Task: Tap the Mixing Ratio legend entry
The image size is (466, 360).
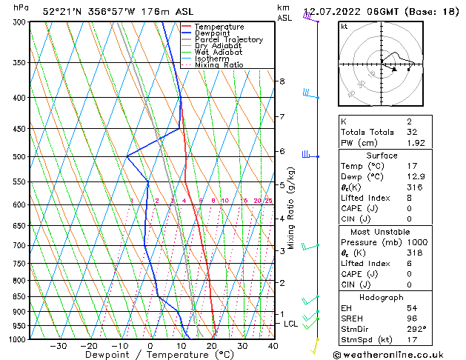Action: pyautogui.click(x=221, y=65)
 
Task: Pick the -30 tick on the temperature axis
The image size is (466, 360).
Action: pyautogui.click(x=58, y=346)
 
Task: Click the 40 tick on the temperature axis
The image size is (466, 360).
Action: pyautogui.click(x=273, y=346)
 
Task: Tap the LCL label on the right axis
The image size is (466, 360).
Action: pyautogui.click(x=290, y=324)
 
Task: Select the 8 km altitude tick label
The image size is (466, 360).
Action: pyautogui.click(x=282, y=81)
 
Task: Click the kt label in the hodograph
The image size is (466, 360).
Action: pyautogui.click(x=344, y=26)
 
